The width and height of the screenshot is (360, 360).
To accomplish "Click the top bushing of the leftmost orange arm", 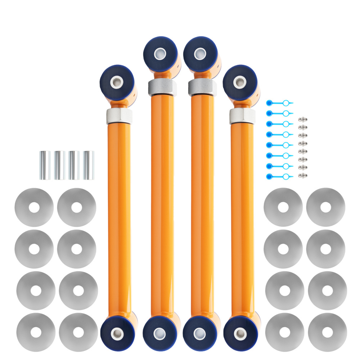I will coord(116,81).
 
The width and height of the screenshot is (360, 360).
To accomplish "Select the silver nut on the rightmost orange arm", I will coord(242,116).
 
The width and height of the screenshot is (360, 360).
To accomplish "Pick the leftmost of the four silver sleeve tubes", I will coord(45,165).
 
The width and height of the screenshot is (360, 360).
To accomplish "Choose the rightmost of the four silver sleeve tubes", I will coord(89,165).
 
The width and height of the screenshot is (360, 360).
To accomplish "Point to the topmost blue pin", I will coord(279,103).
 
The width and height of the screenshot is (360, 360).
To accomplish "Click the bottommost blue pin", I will coord(279,176).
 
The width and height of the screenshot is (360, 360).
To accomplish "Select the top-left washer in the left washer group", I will coord(34,207).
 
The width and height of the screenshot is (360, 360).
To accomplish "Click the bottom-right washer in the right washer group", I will coord(327,332).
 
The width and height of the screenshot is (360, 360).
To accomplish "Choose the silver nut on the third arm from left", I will coord(202,87).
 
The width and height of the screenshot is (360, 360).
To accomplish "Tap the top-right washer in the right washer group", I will coord(325,207).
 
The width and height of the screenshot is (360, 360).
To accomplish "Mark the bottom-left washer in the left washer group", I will coord(36,332).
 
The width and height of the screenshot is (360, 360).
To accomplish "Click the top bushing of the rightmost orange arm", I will coord(240,82).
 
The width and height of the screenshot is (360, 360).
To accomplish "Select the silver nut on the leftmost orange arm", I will coord(119,116).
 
